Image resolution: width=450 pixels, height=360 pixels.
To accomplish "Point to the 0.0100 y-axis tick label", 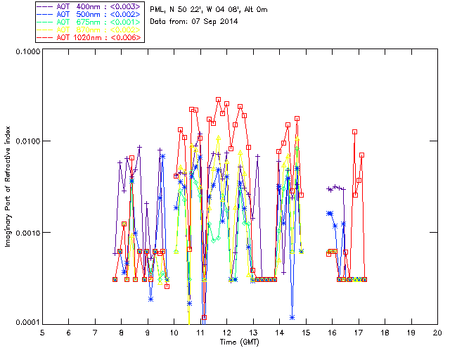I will point(25,141).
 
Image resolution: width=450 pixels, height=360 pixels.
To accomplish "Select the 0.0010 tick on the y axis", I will point(25,233).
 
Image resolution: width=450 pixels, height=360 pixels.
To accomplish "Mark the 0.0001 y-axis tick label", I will point(25,323).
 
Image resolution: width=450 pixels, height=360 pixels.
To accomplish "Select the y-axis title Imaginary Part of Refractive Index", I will point(11,186).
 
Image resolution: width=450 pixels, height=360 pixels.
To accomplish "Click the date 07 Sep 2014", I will point(212,22).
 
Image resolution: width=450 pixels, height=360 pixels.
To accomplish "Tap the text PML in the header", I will point(158,8).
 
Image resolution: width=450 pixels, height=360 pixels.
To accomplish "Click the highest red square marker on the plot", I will point(218,100).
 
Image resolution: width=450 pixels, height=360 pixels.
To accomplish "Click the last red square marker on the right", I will point(364,279).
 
